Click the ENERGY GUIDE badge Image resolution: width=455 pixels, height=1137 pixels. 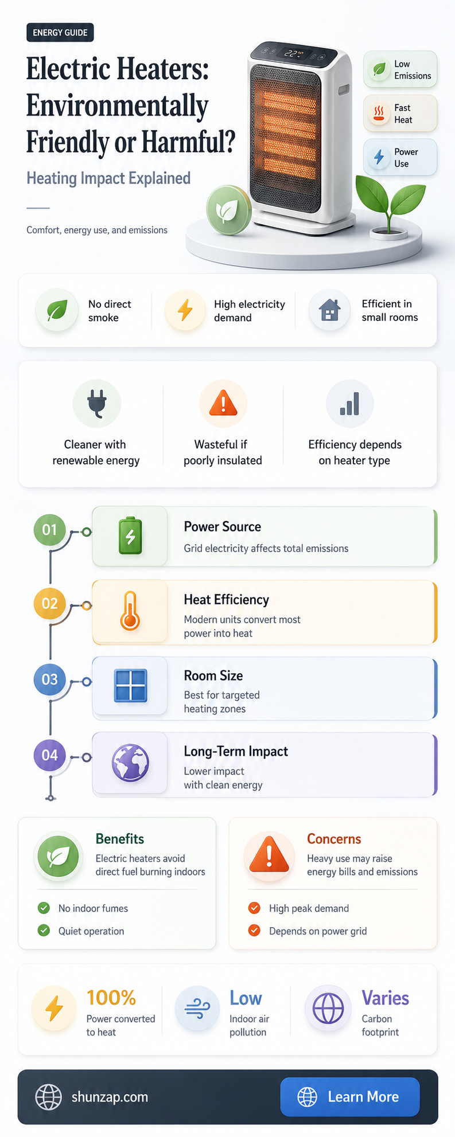[60, 33]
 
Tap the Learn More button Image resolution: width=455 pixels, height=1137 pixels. [350, 1097]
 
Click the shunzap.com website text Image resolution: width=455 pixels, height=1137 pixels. [110, 1097]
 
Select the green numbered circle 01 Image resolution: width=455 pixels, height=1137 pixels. [50, 529]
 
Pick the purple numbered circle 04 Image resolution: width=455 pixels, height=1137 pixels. [50, 755]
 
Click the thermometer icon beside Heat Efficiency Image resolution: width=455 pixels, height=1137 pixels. [130, 612]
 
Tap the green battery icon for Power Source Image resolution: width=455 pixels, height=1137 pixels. [130, 536]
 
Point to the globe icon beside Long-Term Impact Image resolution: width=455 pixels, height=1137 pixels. [130, 763]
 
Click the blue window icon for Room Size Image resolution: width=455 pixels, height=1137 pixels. [131, 686]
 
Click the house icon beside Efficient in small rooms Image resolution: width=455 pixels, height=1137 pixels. [329, 310]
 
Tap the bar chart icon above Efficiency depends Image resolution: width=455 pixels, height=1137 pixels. [349, 404]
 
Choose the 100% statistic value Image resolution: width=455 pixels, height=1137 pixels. [111, 998]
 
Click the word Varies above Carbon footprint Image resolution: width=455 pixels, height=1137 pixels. [385, 998]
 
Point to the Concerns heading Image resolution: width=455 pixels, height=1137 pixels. [334, 839]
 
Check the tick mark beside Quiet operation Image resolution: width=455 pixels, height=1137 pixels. [44, 931]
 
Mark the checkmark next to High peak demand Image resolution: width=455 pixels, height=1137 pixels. [254, 908]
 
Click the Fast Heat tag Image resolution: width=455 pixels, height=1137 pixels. [400, 114]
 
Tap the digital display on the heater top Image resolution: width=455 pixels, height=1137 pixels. [294, 54]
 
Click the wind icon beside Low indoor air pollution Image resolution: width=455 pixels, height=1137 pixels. [197, 1008]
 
